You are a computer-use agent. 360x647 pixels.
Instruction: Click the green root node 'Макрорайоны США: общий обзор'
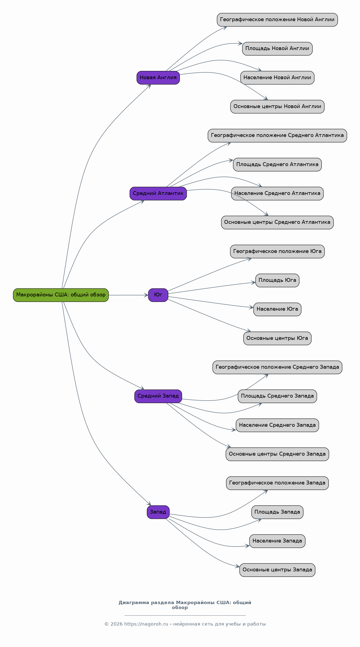point(61,295)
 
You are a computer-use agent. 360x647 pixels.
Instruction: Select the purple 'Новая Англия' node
point(158,78)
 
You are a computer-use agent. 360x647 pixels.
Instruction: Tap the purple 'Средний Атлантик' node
point(158,193)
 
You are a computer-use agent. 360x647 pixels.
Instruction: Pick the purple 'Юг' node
point(158,295)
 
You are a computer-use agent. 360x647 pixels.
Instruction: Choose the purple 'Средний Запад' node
point(158,396)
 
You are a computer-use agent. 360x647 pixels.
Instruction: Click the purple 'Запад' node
point(158,512)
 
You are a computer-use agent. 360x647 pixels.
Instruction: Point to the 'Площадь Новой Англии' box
point(277,49)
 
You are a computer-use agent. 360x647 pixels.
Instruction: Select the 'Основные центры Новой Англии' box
point(277,107)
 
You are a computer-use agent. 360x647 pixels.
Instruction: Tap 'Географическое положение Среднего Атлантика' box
point(277,136)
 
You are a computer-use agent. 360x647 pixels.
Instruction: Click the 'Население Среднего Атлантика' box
point(277,193)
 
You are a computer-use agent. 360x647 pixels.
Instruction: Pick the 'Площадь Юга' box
point(277,280)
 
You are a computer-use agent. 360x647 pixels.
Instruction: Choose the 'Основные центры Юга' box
point(277,338)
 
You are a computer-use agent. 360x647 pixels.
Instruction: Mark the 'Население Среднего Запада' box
point(277,425)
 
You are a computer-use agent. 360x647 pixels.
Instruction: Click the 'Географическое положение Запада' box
point(277,483)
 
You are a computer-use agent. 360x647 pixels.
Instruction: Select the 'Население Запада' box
point(277,541)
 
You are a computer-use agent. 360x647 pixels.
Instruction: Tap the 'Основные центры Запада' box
point(277,570)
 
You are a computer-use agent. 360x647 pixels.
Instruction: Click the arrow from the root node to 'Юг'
point(128,295)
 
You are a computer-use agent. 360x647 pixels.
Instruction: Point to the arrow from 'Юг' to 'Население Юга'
point(211,302)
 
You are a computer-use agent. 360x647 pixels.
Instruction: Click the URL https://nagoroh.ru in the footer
point(146,624)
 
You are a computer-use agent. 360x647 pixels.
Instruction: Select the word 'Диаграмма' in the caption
point(132,603)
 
